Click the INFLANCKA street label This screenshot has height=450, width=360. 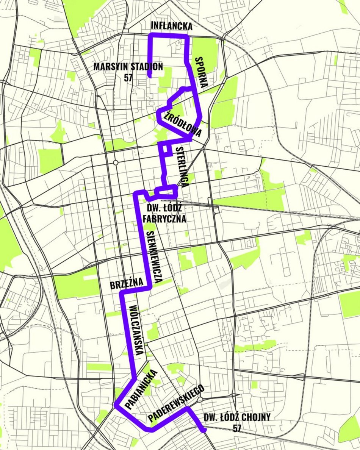[172, 26]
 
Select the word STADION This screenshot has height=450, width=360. [147, 67]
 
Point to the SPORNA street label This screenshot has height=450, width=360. [200, 72]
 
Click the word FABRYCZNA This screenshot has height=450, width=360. [164, 219]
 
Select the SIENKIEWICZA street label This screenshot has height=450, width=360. [155, 258]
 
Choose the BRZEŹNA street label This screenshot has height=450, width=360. [127, 284]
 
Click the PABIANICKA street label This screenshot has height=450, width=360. [141, 389]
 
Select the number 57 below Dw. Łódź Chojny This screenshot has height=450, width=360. [237, 428]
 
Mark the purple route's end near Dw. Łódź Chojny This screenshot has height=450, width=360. [203, 430]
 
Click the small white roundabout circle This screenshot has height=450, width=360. [116, 162]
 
